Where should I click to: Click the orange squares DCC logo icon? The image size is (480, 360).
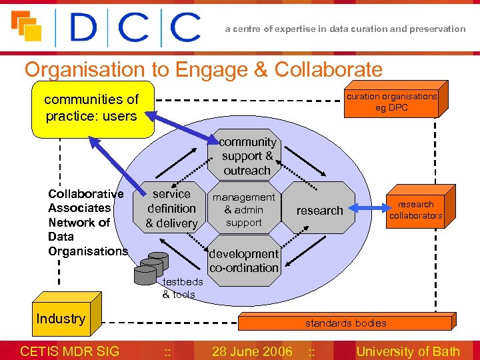(26, 27)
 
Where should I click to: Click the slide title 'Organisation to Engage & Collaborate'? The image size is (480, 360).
(203, 69)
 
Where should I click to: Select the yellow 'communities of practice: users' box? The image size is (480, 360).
(92, 108)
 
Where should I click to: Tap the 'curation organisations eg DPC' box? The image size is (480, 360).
(391, 101)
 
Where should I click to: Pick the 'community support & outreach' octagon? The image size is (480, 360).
(247, 156)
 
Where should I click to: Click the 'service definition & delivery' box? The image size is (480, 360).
(171, 208)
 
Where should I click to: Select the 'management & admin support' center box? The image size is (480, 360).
(243, 210)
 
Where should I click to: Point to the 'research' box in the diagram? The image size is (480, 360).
(320, 210)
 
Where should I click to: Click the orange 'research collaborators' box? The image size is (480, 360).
(415, 210)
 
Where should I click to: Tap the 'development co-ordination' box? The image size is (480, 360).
(244, 261)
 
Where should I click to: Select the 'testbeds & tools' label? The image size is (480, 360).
(179, 289)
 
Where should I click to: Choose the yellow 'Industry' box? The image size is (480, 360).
(61, 319)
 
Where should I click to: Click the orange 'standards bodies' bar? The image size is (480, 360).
(346, 323)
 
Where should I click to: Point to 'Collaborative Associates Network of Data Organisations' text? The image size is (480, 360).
(87, 223)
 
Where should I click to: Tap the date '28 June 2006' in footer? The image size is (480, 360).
(251, 351)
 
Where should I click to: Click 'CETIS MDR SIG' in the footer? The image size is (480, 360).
(70, 351)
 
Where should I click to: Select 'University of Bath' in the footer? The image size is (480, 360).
(408, 351)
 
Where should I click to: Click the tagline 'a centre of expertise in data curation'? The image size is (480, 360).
(345, 29)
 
